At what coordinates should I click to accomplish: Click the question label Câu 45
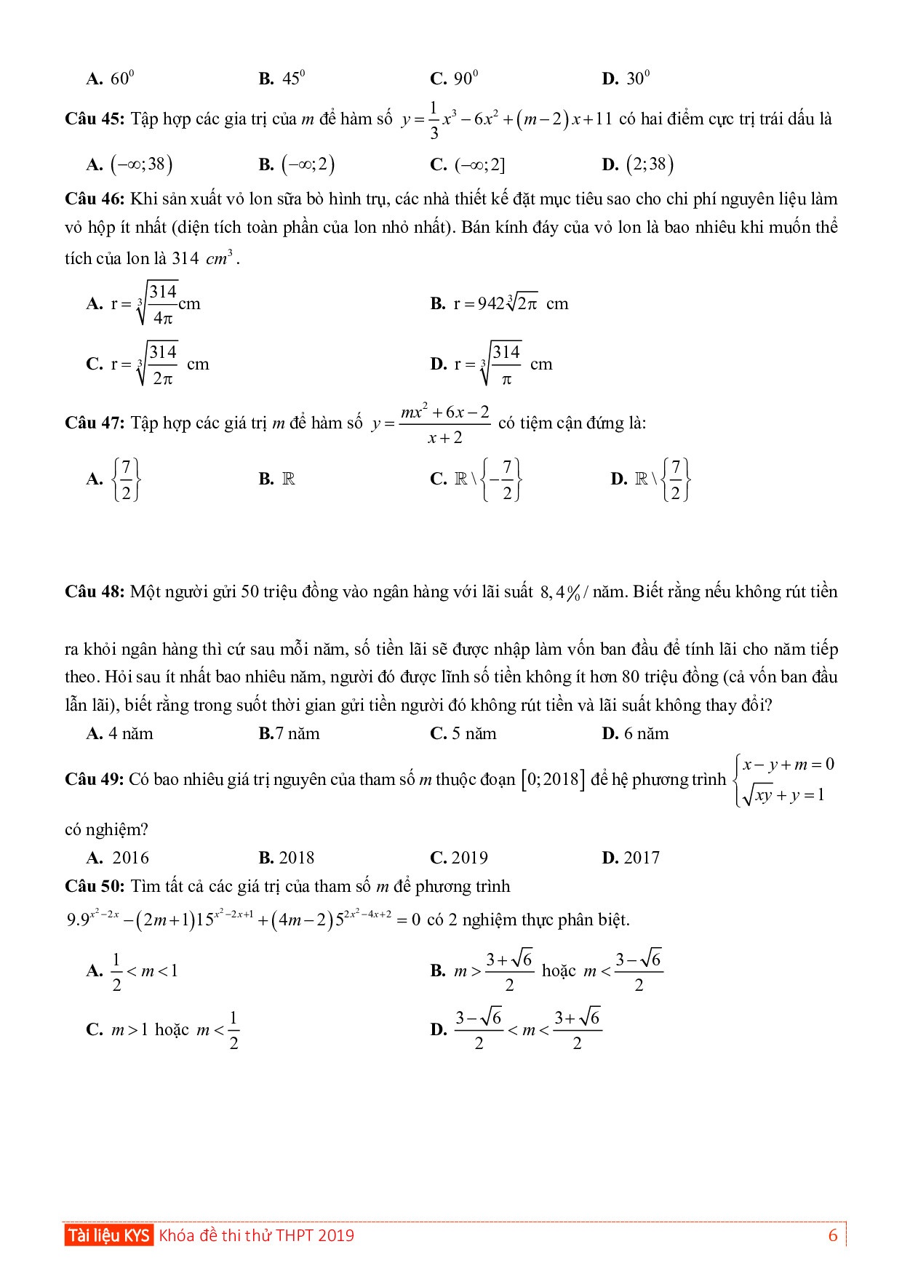[95, 119]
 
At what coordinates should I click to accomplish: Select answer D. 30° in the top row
[626, 79]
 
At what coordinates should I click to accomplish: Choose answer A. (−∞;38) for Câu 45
[129, 165]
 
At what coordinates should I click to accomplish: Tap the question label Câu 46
[95, 199]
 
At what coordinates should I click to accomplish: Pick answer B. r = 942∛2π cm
[499, 304]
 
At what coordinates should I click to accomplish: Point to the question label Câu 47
[95, 423]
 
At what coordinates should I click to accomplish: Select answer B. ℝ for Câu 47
[277, 479]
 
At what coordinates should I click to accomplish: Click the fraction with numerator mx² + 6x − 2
[444, 424]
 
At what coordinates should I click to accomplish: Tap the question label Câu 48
[95, 592]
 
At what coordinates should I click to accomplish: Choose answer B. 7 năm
[289, 734]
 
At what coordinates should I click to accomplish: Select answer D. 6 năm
[635, 734]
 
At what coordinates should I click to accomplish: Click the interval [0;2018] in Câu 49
[551, 780]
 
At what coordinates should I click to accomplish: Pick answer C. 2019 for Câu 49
[459, 858]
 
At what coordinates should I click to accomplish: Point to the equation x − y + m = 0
[789, 765]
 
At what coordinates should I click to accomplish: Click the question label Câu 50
[95, 887]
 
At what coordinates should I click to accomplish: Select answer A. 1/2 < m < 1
[132, 971]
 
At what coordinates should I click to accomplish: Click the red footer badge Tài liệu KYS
[108, 1235]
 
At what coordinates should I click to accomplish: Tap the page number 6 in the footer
[833, 1235]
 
